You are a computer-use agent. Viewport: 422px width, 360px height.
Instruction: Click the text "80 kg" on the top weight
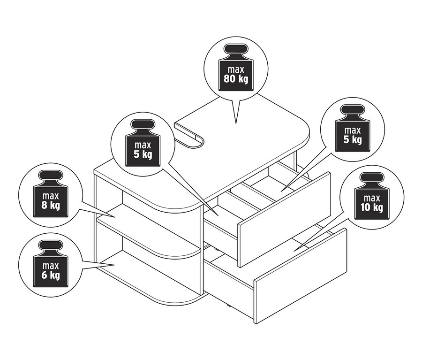(x=236, y=79)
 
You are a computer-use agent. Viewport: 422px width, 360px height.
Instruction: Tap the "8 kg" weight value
(x=51, y=205)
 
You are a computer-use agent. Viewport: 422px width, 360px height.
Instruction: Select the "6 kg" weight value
(x=51, y=276)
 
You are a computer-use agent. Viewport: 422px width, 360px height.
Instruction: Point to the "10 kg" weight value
(x=372, y=207)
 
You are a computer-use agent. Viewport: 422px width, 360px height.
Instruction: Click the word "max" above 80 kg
(x=236, y=70)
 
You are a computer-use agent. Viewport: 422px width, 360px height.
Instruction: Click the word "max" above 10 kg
(x=372, y=199)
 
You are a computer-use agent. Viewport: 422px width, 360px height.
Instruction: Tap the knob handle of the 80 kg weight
(x=236, y=50)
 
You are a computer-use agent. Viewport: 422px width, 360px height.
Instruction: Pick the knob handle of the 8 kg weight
(x=51, y=176)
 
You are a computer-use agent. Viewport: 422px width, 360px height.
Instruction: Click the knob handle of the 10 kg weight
(x=372, y=178)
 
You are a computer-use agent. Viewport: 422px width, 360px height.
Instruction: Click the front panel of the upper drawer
(x=284, y=219)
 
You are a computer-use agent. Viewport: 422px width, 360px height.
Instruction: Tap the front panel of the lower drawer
(x=301, y=276)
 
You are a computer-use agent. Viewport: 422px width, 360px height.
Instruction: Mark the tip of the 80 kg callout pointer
(x=236, y=124)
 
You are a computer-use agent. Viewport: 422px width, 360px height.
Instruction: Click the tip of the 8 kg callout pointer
(x=115, y=217)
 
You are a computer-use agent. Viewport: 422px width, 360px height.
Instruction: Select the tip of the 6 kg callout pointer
(x=115, y=265)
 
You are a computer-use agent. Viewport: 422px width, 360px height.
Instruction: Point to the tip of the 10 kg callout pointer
(x=294, y=251)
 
